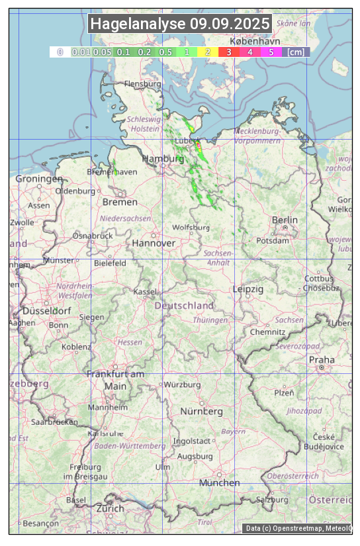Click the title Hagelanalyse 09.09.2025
coord(180,24)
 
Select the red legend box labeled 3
coord(228,52)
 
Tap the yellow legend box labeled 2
coord(208,52)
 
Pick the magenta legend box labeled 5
coord(271,52)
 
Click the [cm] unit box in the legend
coord(296,52)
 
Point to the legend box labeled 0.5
coord(165,52)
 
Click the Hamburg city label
coord(163,159)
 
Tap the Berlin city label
coord(285,220)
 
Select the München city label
coord(219,482)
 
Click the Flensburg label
coord(142,85)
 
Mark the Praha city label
coord(322,359)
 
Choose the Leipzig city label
coord(248,289)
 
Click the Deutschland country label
coord(184,306)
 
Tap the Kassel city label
coord(144,292)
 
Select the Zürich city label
coord(110,508)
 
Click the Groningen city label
coord(39,179)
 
